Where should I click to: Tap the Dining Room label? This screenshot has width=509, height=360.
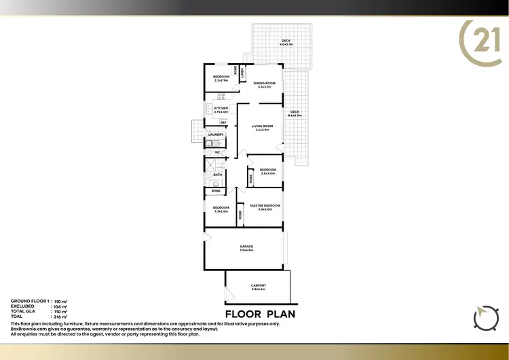tap(263, 85)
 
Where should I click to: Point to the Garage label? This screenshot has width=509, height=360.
tap(246, 248)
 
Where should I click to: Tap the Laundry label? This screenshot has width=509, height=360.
tap(216, 134)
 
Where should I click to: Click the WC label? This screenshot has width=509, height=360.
tap(218, 153)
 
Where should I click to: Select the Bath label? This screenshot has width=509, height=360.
tap(218, 175)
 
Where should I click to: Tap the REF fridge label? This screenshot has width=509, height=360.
tap(223, 122)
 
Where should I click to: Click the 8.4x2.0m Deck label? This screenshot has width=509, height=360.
tap(295, 113)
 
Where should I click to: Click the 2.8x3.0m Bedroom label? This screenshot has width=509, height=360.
tap(268, 171)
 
